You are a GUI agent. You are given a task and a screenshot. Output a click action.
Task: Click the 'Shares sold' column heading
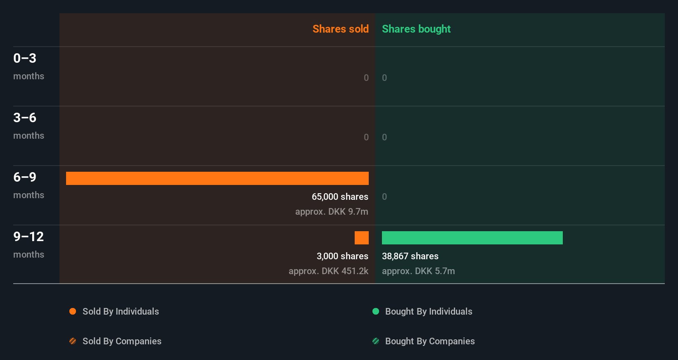(x=340, y=29)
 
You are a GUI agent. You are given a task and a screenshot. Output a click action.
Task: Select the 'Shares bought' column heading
(x=416, y=29)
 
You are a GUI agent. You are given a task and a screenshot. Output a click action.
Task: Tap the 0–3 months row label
(x=28, y=66)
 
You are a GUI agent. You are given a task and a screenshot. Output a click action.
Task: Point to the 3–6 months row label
(x=28, y=126)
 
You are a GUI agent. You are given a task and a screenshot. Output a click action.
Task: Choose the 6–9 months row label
(x=28, y=185)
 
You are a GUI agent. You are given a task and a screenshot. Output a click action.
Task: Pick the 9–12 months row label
(x=28, y=244)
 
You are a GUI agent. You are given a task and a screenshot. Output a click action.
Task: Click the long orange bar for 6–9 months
(x=217, y=178)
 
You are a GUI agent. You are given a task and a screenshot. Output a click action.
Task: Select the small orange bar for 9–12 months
(x=362, y=238)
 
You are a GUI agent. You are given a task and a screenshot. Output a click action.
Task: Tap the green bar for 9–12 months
(x=472, y=238)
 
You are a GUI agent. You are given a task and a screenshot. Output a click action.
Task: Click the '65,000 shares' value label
(x=340, y=197)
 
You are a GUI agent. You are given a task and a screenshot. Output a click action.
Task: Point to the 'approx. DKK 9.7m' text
(x=332, y=212)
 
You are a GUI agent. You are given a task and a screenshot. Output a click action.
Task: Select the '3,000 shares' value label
(x=342, y=256)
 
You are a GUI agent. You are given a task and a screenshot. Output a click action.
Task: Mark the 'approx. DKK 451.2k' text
(x=328, y=271)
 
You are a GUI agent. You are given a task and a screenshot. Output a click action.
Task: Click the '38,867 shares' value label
(x=410, y=256)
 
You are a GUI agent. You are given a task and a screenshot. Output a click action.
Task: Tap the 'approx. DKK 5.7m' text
(x=418, y=271)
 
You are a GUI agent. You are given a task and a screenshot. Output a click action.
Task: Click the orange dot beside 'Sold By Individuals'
(x=73, y=311)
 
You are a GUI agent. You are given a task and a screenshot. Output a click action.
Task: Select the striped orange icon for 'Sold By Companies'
(x=73, y=341)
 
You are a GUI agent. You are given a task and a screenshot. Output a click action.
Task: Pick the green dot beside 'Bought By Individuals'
(x=376, y=311)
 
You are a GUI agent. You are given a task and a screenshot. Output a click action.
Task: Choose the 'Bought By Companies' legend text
(x=430, y=341)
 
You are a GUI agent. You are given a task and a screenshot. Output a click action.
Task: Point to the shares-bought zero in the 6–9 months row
(x=384, y=197)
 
